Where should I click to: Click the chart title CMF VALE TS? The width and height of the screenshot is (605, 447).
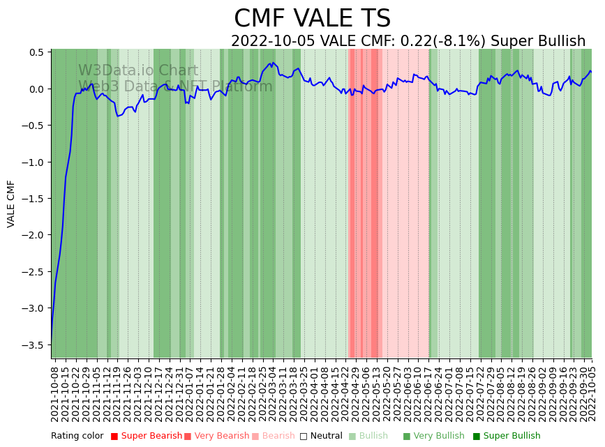click(312, 19)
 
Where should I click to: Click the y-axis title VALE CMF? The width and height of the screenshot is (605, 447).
click(11, 204)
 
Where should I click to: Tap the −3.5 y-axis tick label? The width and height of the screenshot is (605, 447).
click(36, 344)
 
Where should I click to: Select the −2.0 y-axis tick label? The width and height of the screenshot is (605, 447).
click(36, 235)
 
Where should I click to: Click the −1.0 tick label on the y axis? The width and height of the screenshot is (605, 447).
click(36, 162)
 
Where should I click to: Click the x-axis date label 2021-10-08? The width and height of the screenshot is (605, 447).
click(55, 393)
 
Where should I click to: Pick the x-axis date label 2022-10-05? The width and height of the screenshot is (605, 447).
click(592, 393)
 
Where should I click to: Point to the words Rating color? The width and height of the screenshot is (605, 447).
click(77, 436)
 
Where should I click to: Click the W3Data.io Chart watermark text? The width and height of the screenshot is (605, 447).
click(138, 70)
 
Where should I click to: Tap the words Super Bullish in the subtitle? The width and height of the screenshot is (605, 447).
click(538, 41)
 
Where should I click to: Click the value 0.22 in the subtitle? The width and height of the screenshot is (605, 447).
click(414, 41)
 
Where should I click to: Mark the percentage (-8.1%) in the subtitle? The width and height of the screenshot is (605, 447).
click(458, 41)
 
